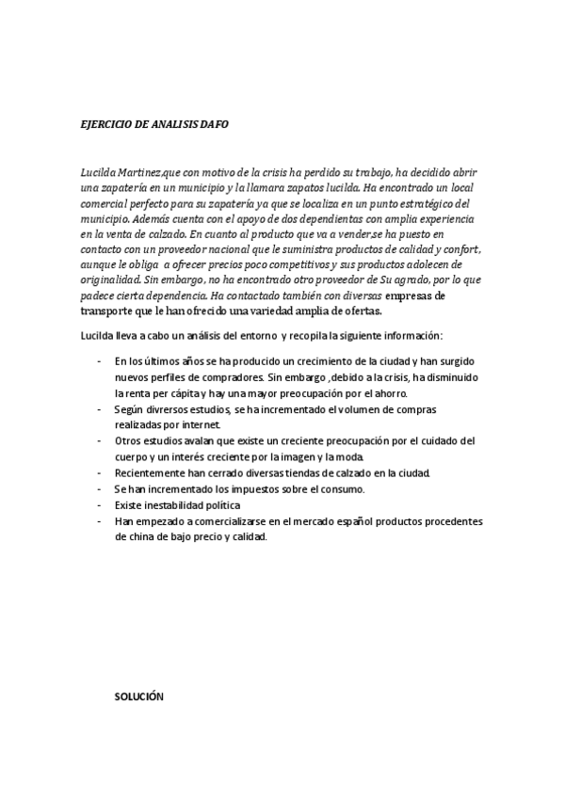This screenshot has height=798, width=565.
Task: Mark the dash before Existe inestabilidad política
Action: click(100, 505)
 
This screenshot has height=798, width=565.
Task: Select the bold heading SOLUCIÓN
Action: click(139, 697)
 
